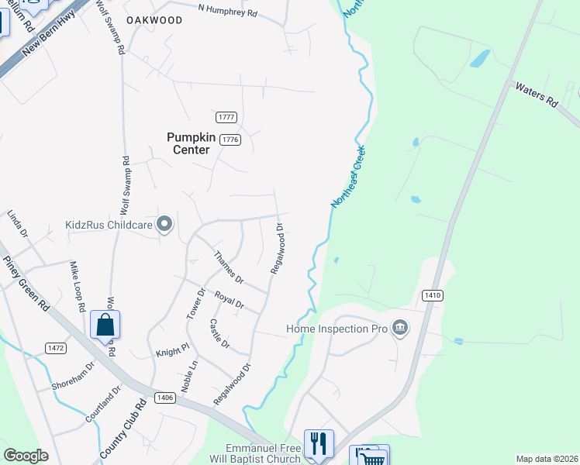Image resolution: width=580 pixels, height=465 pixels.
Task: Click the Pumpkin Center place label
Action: (188, 143)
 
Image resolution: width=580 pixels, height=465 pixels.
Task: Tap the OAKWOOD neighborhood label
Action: (155, 20)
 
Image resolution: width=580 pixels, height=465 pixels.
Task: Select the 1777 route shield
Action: (226, 117)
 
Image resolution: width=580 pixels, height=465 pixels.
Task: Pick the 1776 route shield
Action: (230, 139)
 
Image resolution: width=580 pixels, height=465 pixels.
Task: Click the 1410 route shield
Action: (433, 295)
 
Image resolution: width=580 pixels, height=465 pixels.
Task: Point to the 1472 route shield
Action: (54, 348)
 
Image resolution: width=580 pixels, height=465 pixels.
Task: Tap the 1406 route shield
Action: (164, 398)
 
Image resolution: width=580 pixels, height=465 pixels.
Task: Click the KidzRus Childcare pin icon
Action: (164, 225)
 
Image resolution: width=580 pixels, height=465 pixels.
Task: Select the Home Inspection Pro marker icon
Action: (400, 328)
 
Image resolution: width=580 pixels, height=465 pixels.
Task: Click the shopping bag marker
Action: (105, 325)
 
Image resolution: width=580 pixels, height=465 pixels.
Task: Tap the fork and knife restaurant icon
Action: (319, 443)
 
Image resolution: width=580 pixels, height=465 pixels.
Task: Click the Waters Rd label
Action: (537, 95)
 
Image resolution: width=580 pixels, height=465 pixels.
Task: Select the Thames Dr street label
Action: (228, 268)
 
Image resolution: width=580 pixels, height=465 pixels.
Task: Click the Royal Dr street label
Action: (230, 298)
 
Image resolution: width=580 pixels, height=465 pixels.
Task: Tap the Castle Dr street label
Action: (219, 333)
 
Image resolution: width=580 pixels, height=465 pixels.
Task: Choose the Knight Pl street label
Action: (172, 350)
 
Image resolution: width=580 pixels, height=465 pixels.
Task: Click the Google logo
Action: (26, 456)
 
